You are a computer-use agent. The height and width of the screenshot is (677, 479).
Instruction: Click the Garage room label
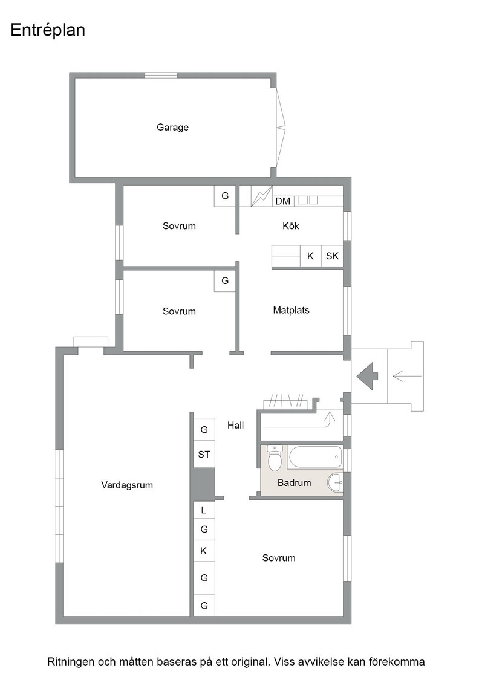click(x=172, y=128)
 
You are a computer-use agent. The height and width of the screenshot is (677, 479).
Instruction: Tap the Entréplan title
click(x=48, y=30)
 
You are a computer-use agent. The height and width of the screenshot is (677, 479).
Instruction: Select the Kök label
click(x=291, y=226)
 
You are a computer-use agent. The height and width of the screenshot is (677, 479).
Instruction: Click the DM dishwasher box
click(x=283, y=201)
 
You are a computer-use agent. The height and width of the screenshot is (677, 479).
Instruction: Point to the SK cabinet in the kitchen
click(x=332, y=256)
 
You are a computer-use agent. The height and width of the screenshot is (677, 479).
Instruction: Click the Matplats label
click(x=291, y=310)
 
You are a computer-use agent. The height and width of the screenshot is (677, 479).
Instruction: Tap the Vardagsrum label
click(x=127, y=485)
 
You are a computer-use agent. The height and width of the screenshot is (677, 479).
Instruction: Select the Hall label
click(x=235, y=426)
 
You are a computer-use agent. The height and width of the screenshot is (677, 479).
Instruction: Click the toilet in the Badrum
click(x=275, y=458)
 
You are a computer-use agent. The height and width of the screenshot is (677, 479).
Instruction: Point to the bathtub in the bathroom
click(x=315, y=457)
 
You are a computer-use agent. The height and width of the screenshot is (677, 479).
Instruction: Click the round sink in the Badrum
click(x=336, y=482)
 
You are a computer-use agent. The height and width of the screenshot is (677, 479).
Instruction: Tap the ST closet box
click(x=204, y=455)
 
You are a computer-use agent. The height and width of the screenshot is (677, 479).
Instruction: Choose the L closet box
click(x=204, y=510)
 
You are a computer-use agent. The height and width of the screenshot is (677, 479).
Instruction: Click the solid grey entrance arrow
click(x=368, y=377)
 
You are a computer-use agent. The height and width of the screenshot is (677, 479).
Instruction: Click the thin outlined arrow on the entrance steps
click(x=407, y=377)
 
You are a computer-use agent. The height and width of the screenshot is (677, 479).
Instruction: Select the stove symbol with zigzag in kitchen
click(x=262, y=196)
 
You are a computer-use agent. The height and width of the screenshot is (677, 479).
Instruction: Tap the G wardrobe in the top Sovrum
click(x=225, y=196)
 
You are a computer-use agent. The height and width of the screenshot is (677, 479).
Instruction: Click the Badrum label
click(x=294, y=483)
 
